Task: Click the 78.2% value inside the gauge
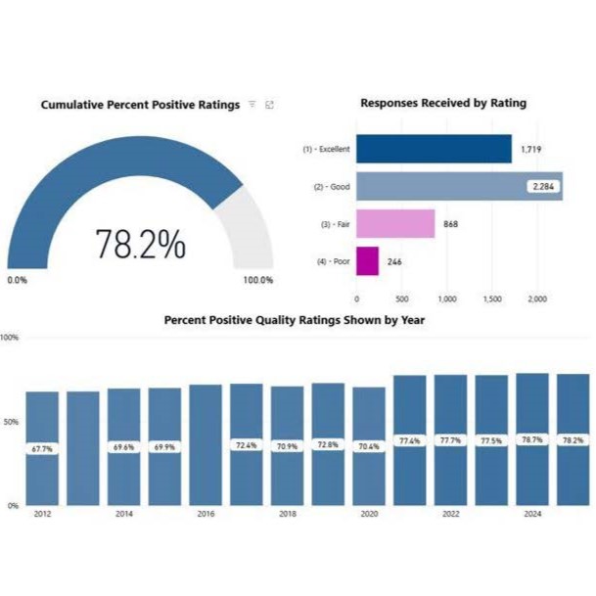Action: [140, 245]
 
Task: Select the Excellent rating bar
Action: [433, 149]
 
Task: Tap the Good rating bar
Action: [458, 186]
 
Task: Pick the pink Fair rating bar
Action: [394, 224]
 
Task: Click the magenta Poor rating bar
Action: [367, 261]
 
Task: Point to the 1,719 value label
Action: [531, 150]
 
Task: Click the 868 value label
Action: [451, 224]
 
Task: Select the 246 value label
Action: [394, 262]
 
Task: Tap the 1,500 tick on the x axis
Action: [492, 298]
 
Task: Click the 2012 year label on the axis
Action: [43, 514]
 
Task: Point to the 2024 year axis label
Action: [531, 514]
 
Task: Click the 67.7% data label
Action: [42, 448]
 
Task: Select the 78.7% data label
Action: [531, 440]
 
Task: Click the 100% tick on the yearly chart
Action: [10, 338]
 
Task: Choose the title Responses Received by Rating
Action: [443, 103]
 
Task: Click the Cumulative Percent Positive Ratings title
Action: [140, 105]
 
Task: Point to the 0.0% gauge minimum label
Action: [18, 280]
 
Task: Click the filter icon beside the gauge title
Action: [252, 105]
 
